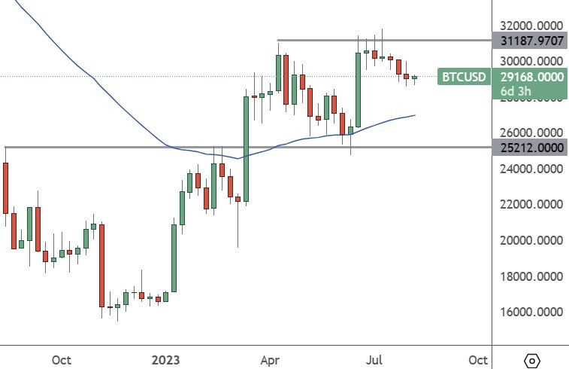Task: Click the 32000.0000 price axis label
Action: [528, 25]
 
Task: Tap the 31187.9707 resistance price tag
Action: [528, 41]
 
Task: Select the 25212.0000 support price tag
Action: [528, 148]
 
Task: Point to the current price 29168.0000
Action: [532, 77]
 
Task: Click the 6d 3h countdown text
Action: [516, 92]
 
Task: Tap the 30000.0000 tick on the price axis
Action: [528, 60]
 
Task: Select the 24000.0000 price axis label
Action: [528, 168]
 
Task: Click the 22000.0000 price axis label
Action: [528, 204]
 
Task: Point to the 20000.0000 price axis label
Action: [528, 240]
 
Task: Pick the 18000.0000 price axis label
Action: [528, 276]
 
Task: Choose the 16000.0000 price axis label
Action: [528, 312]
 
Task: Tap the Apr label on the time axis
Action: [268, 359]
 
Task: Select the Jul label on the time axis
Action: [374, 359]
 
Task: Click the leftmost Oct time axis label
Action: [62, 359]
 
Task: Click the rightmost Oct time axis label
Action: [477, 359]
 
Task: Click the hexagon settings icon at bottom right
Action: [531, 360]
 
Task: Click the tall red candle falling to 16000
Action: [101, 264]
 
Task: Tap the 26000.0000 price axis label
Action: [528, 132]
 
